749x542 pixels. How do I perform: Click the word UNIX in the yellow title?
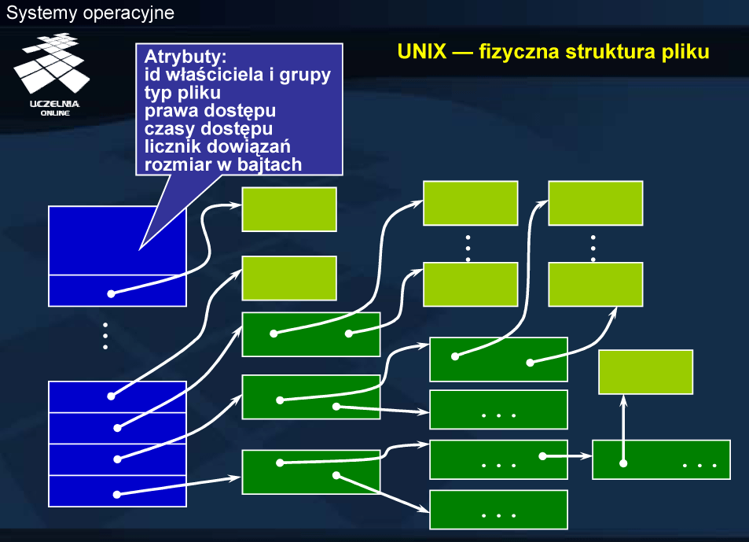[420, 53]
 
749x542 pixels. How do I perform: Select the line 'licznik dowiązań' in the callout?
[213, 146]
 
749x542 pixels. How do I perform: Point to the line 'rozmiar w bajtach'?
[223, 163]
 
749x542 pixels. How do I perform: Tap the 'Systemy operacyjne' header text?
[90, 13]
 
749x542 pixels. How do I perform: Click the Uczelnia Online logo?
[54, 75]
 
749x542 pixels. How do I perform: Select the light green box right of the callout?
[288, 209]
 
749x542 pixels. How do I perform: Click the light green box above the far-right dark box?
[645, 372]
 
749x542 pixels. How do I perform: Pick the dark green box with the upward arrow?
[661, 459]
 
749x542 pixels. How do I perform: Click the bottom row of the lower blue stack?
[117, 491]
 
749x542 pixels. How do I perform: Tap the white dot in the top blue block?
[111, 294]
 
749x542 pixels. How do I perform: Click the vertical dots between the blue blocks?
[105, 336]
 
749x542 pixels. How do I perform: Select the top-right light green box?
[595, 203]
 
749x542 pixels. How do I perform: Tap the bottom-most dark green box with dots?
[498, 510]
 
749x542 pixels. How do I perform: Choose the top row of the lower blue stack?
[117, 396]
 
